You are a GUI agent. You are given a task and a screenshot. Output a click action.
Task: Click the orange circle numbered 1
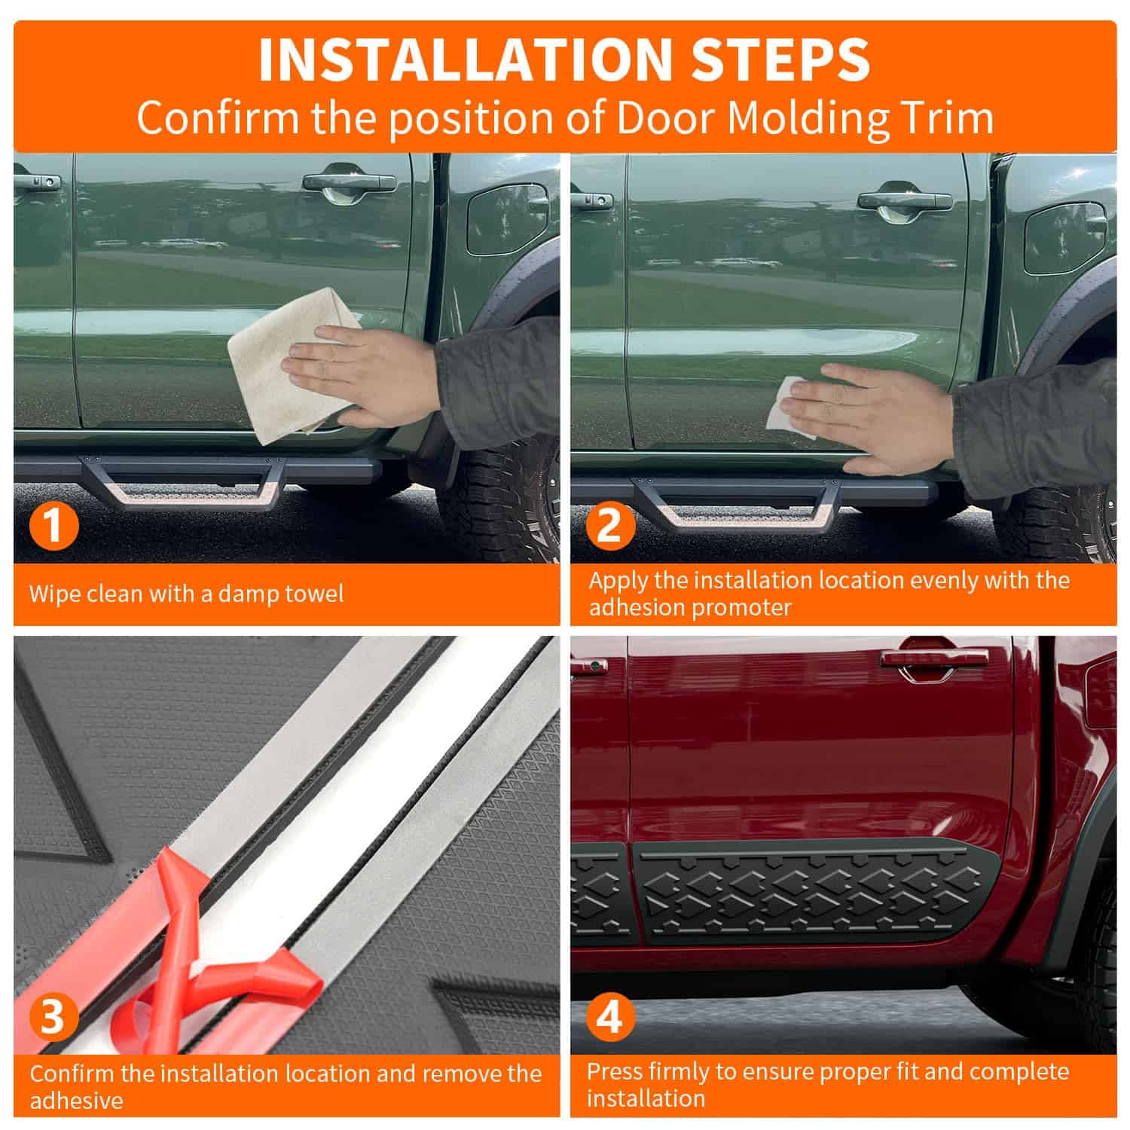click(53, 525)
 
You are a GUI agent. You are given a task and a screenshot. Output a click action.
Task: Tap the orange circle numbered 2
click(609, 525)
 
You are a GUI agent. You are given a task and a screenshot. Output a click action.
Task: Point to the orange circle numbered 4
click(609, 1017)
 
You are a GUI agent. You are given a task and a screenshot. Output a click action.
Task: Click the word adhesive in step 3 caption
click(76, 1100)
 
